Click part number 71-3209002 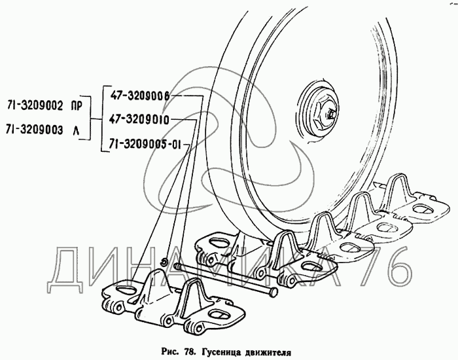35,106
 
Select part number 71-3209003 35,130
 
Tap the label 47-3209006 140,96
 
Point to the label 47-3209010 139,120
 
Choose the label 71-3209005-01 145,144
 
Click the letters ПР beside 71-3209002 77,106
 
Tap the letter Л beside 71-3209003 76,131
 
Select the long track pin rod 225,278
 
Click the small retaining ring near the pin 165,261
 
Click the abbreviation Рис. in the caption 170,352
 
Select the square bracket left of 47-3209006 105,118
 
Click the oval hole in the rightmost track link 421,209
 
